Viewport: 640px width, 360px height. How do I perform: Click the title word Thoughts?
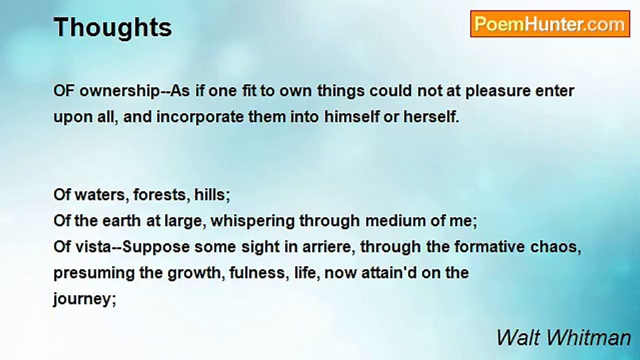click(112, 27)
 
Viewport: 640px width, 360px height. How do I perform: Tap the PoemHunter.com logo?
click(549, 24)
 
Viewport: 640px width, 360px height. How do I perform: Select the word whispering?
click(252, 221)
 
